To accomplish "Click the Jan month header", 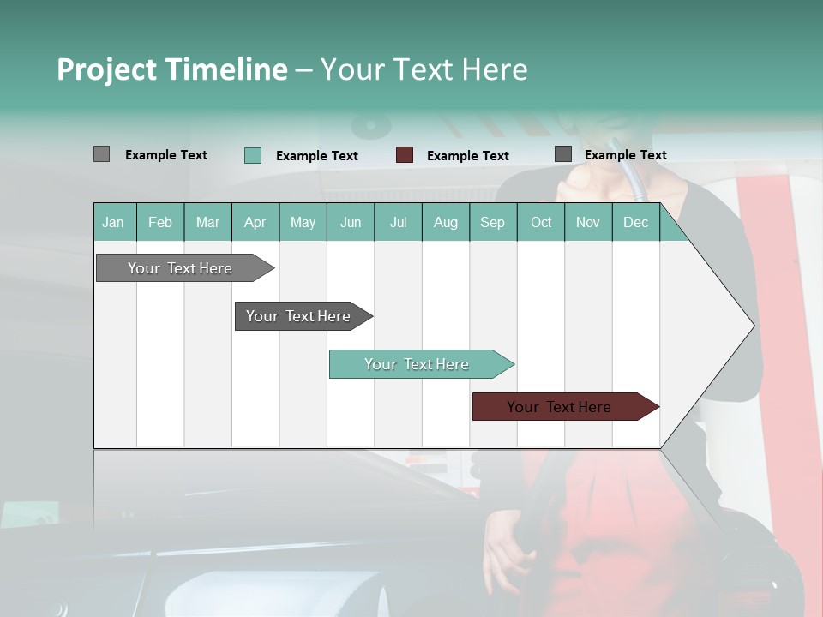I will [114, 222].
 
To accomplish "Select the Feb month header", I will [160, 222].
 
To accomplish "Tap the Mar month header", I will [207, 222].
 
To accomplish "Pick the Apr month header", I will [255, 222].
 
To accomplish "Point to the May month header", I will [303, 222].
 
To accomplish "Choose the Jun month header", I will [351, 222].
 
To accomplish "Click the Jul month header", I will [398, 222].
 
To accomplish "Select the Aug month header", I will [446, 222].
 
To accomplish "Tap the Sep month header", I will [493, 222].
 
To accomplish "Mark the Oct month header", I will [541, 222].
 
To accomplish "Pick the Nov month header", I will [588, 222].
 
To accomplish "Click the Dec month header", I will [635, 222].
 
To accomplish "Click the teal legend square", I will [253, 155].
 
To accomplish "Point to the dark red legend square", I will [405, 155].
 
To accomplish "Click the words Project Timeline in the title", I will [172, 69].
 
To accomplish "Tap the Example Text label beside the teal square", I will [317, 156].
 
